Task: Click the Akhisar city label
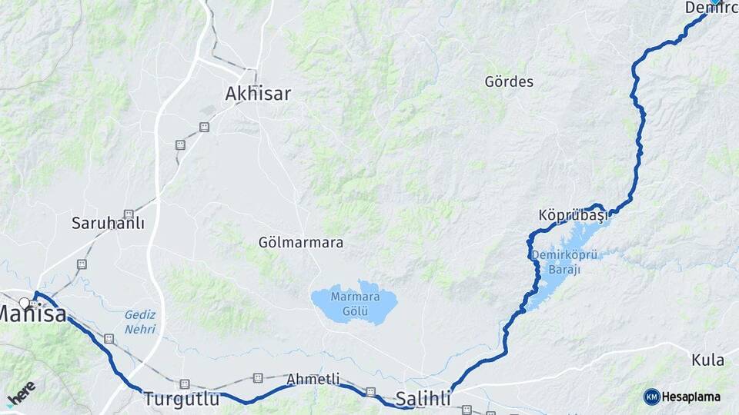click(x=258, y=94)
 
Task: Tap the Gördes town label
click(x=509, y=81)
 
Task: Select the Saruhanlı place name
click(x=108, y=224)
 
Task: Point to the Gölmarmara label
click(x=301, y=243)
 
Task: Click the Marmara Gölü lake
click(x=354, y=304)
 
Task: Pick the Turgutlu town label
click(x=181, y=399)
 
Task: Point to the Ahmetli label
click(x=313, y=379)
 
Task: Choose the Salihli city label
click(x=423, y=398)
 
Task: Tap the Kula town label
click(x=707, y=360)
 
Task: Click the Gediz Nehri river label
click(x=140, y=322)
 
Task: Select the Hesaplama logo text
click(x=691, y=397)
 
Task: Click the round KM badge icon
click(x=652, y=397)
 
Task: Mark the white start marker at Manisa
click(x=25, y=302)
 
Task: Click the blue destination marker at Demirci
click(x=715, y=2)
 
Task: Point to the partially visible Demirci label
click(x=711, y=8)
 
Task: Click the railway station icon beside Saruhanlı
click(x=129, y=214)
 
